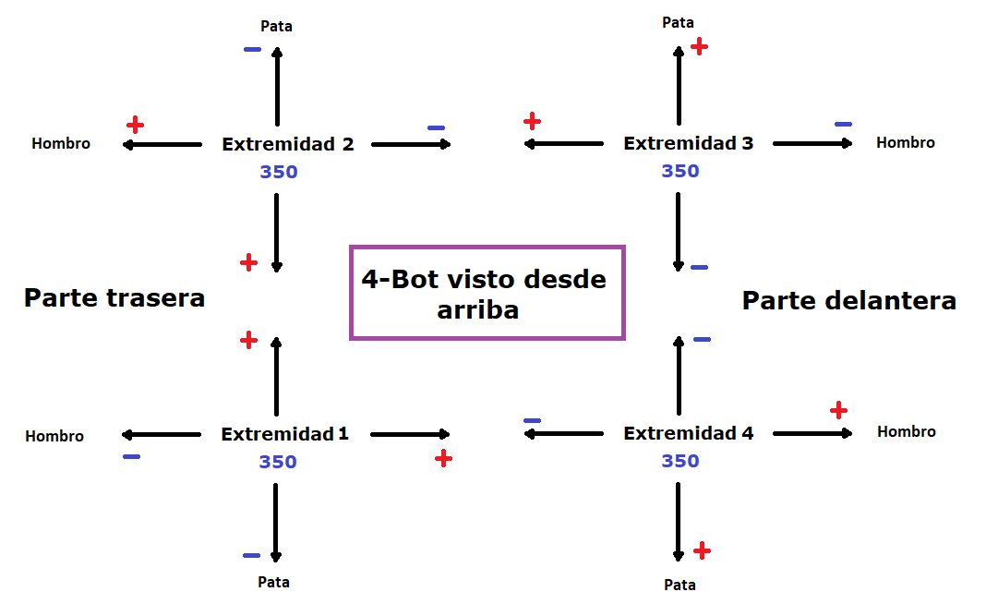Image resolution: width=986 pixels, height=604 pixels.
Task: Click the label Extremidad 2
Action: coord(288,144)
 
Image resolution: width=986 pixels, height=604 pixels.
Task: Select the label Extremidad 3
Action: coord(688,143)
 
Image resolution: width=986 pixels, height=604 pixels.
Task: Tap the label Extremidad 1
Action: coord(284,434)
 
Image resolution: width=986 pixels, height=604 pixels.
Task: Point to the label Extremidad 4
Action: coord(688,433)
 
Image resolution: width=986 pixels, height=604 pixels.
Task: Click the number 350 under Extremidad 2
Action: coord(279,172)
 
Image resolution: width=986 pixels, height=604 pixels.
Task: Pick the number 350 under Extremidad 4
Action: coord(680,461)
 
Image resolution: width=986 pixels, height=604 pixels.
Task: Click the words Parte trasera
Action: coord(114,298)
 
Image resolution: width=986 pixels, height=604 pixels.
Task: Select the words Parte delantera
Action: coord(849,301)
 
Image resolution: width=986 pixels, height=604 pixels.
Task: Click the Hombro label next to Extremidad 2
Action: coord(61,143)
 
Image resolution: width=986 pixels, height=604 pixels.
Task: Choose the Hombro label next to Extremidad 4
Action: coord(906,431)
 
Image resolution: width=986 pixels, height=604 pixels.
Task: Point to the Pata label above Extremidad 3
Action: coord(678,23)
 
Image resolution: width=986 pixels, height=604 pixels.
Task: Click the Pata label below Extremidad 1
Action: coord(273,582)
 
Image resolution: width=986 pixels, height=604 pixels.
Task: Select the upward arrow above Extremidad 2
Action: coord(277,86)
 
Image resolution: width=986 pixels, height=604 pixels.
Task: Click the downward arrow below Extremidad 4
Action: coord(678,522)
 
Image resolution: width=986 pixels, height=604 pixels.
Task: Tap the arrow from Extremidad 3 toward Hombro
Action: coord(812,143)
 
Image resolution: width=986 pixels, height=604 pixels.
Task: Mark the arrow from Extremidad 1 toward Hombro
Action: coord(161,434)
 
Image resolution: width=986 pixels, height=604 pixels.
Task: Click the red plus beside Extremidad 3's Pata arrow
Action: coord(699,46)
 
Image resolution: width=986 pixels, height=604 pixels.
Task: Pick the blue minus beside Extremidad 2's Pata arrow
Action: coord(252,49)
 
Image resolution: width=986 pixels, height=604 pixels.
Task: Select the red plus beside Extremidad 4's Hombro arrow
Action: coord(838,410)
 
